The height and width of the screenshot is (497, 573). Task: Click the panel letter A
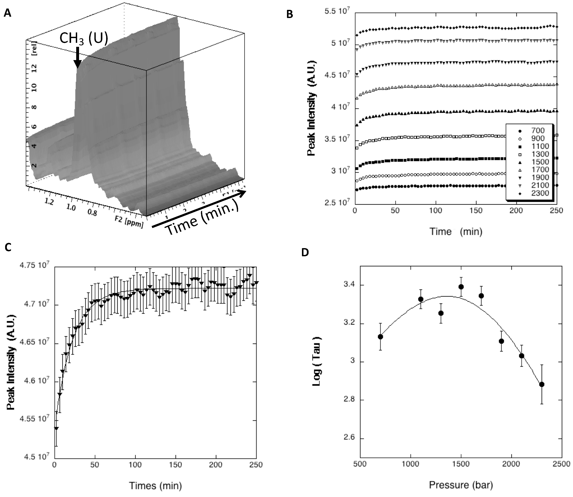[8, 13]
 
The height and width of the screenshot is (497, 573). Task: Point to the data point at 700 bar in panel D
[380, 337]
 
